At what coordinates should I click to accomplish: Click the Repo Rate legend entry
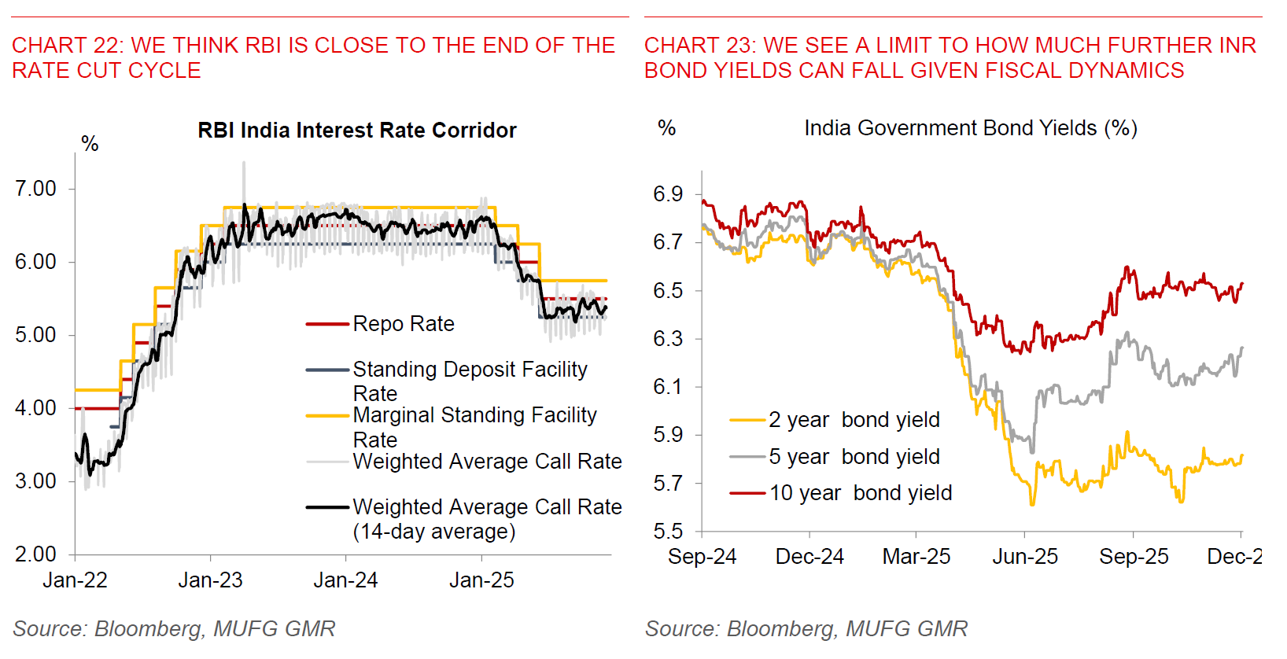coord(404,324)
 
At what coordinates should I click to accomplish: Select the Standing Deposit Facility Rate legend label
coord(470,381)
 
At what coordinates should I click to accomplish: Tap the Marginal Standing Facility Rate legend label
coord(474,426)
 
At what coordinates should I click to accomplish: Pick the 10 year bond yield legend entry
coord(861,493)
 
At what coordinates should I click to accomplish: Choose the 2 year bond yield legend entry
coord(854,420)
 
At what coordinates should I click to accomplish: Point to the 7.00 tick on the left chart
coord(36,189)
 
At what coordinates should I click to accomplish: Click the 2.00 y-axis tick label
coord(36,554)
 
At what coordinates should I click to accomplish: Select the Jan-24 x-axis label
coord(345,580)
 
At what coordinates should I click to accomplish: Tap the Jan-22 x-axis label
coord(75,580)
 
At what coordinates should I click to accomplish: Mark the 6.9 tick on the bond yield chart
coord(668,194)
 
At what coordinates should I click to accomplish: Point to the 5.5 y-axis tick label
coord(668,532)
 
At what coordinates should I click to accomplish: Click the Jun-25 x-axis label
coord(1025,557)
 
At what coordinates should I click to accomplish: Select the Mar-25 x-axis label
coord(916,557)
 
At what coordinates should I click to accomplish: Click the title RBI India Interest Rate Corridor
coord(357,131)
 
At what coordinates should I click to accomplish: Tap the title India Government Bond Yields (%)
coord(971,128)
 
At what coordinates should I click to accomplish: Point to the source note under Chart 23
coord(806,629)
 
